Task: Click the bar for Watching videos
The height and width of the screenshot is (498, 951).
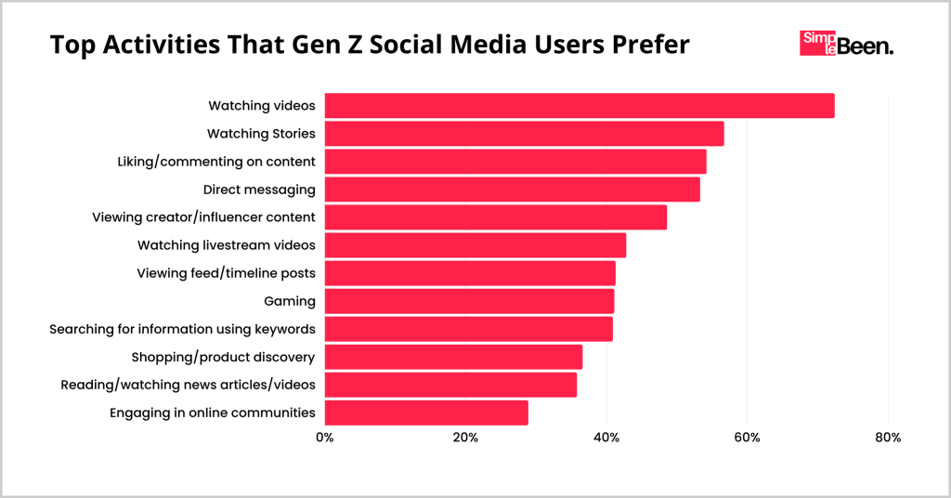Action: pyautogui.click(x=580, y=106)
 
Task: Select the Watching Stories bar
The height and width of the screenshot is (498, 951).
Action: pyautogui.click(x=524, y=134)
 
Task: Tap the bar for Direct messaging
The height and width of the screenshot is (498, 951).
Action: pyautogui.click(x=512, y=190)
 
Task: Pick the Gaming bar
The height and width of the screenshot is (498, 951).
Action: pyautogui.click(x=469, y=301)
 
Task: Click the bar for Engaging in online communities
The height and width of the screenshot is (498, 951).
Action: pyautogui.click(x=426, y=413)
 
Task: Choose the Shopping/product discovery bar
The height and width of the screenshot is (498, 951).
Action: pyautogui.click(x=453, y=357)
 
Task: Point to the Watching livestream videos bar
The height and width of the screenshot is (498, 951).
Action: pyautogui.click(x=475, y=245)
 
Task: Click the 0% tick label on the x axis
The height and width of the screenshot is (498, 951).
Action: pyautogui.click(x=324, y=438)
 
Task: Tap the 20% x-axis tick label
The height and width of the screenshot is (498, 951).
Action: pyautogui.click(x=465, y=438)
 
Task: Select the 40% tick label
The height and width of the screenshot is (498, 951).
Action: pyautogui.click(x=606, y=438)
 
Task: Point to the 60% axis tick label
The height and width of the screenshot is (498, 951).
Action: pyautogui.click(x=747, y=438)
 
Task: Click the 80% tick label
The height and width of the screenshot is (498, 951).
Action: pyautogui.click(x=888, y=438)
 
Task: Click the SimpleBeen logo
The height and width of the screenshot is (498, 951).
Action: pyautogui.click(x=846, y=44)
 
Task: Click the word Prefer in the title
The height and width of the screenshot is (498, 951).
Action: pyautogui.click(x=643, y=45)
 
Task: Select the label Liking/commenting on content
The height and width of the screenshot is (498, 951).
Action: pyautogui.click(x=216, y=162)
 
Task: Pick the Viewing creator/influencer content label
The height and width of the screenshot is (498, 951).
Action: pyautogui.click(x=203, y=217)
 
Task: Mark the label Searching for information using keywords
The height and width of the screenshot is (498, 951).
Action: pyautogui.click(x=182, y=329)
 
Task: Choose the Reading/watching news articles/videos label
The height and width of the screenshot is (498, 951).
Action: pyautogui.click(x=188, y=385)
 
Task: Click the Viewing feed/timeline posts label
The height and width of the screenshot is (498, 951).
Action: pyautogui.click(x=226, y=273)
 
